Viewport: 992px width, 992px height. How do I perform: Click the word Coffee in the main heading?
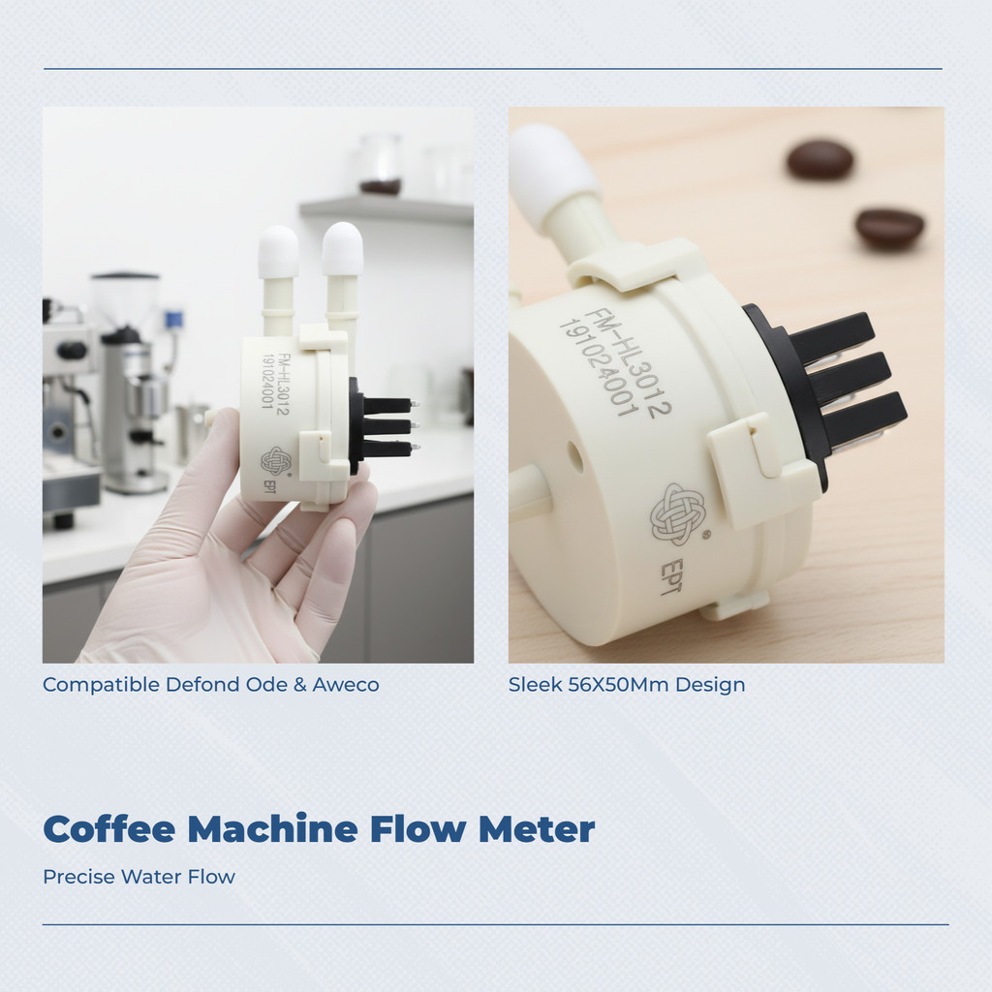[108, 829]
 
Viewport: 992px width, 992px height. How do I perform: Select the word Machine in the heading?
[272, 829]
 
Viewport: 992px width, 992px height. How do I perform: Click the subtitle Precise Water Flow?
[139, 877]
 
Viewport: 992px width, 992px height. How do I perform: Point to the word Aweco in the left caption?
[346, 685]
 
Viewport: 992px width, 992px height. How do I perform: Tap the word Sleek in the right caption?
[535, 685]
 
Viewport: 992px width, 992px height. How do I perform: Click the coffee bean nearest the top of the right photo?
[820, 159]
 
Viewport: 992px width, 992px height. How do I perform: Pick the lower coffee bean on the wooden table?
[889, 228]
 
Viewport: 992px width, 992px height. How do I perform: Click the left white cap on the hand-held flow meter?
[278, 252]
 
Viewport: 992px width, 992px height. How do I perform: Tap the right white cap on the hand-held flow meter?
[342, 248]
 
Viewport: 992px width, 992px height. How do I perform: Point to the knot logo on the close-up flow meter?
[677, 514]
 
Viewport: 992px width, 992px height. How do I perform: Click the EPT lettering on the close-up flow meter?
[671, 576]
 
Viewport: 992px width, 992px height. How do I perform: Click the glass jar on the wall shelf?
[380, 164]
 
